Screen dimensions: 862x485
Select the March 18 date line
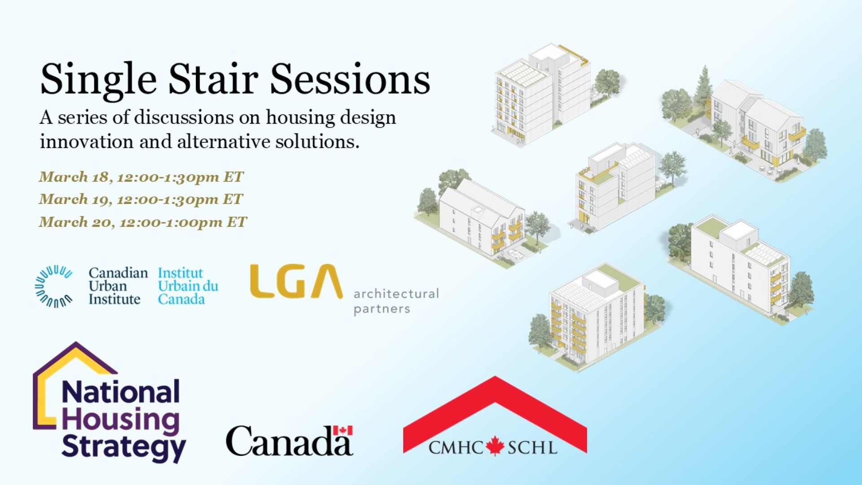tap(141, 177)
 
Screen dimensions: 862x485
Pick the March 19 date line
tap(141, 199)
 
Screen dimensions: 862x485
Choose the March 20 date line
tap(143, 222)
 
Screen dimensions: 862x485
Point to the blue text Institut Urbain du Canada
tap(188, 286)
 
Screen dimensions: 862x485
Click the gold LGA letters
tap(296, 282)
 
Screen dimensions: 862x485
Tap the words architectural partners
tap(396, 301)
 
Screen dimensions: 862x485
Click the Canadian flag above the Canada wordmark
tap(343, 430)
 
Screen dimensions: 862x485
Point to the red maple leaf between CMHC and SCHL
tap(495, 446)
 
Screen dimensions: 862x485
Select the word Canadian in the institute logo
tap(118, 273)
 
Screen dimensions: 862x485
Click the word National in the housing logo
tap(120, 392)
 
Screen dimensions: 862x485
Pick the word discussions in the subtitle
tap(184, 118)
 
